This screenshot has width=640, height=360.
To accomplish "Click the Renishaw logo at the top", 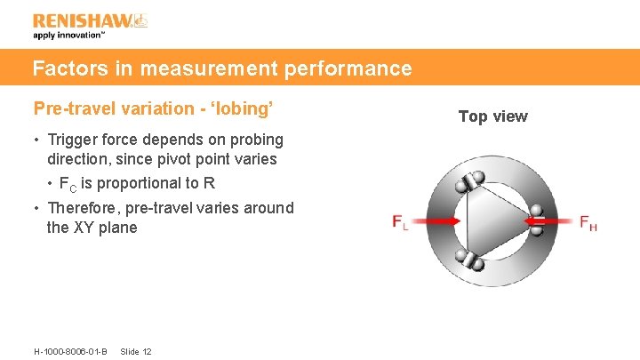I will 90,20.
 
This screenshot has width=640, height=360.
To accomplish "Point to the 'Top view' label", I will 492,116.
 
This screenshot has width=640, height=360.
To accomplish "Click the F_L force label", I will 400,222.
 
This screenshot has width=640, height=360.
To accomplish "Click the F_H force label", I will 588,222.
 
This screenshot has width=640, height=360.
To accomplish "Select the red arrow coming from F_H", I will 550,220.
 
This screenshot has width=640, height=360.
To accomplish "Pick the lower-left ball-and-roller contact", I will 468,262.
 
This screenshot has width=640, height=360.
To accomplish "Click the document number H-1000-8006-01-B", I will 70,351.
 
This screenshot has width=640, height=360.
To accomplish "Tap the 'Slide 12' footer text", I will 135,351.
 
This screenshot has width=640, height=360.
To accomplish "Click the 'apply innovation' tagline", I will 69,36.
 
